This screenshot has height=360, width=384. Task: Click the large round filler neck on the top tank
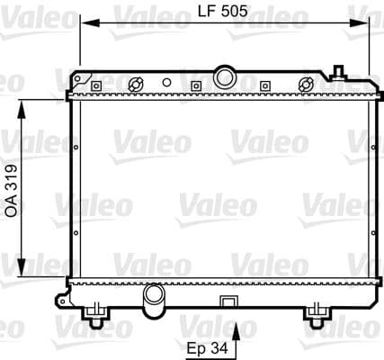point(223,74)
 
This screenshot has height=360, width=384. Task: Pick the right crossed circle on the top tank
point(306,85)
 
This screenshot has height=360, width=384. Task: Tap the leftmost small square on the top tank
point(94,86)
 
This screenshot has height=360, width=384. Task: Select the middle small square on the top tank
point(195,86)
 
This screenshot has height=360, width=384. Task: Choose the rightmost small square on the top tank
point(265,86)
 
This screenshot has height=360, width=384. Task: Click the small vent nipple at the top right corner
point(339,72)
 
